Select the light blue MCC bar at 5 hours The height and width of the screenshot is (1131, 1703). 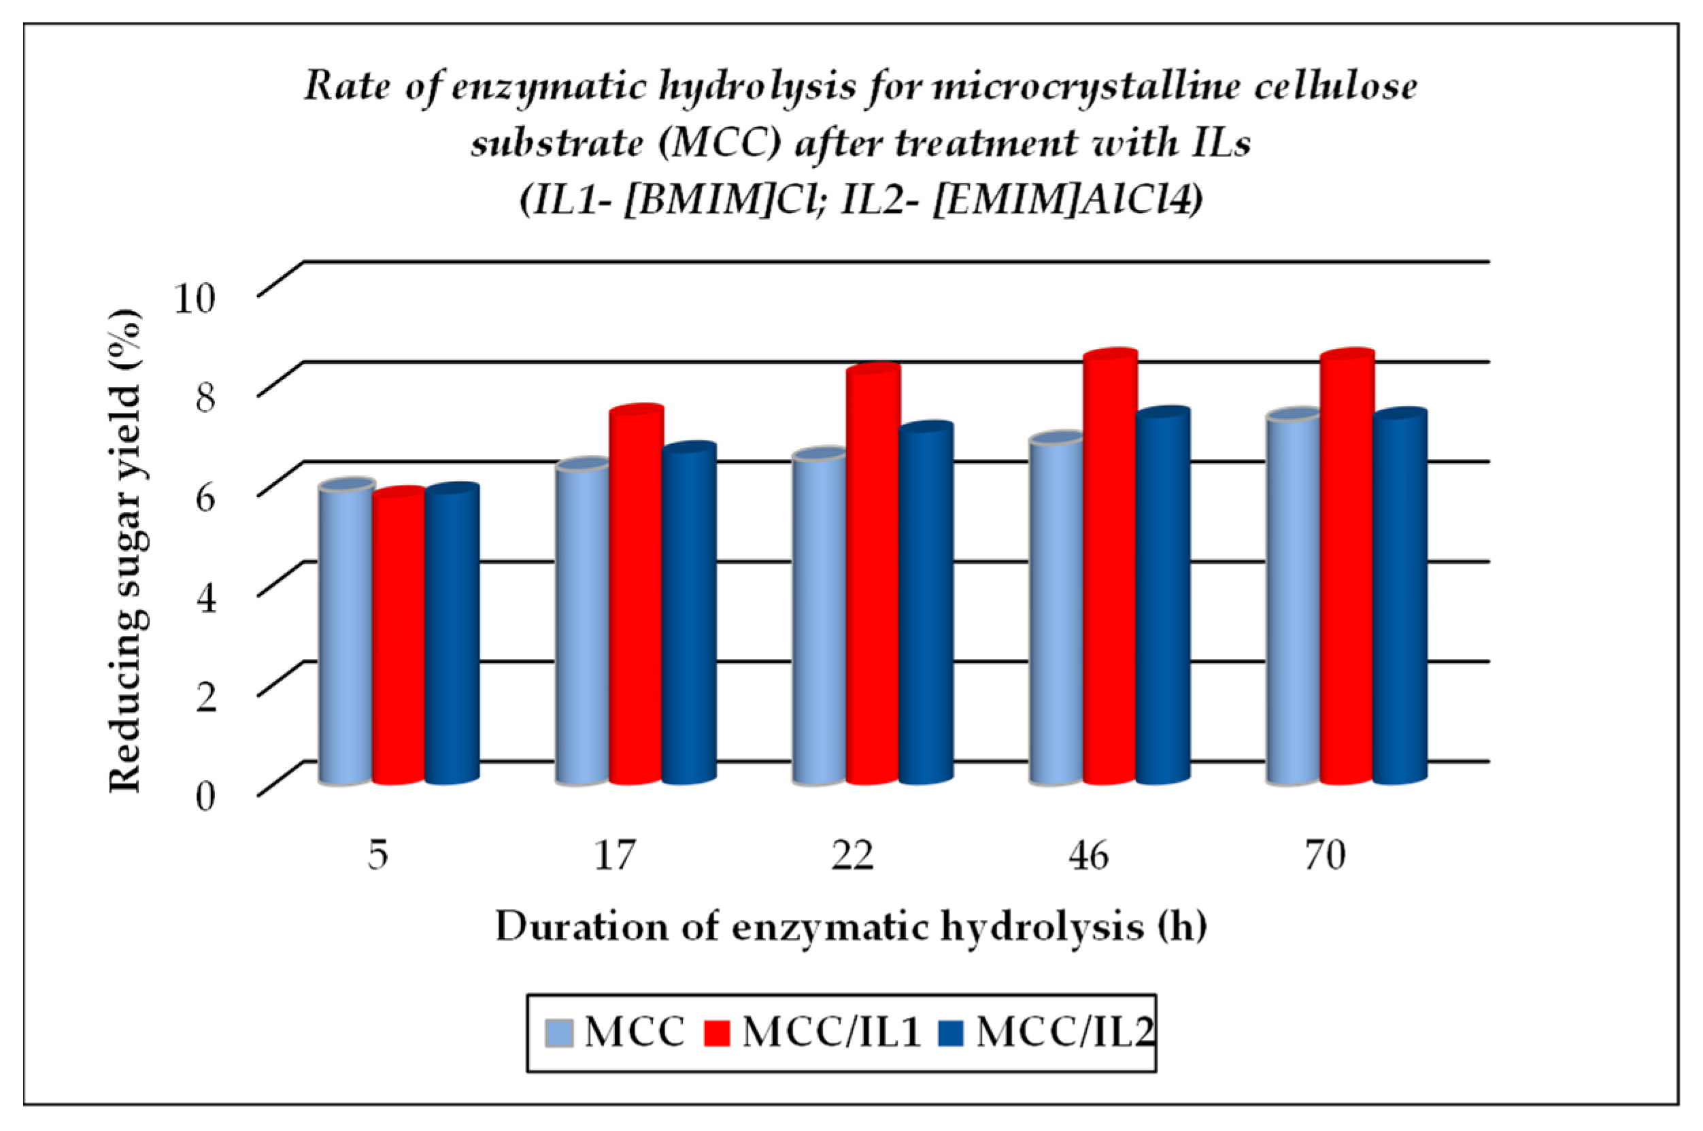point(346,635)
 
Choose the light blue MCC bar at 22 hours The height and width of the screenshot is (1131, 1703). point(819,620)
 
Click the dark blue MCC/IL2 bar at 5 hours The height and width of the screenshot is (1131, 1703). point(452,635)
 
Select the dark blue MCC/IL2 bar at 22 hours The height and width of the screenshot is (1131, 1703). point(926,606)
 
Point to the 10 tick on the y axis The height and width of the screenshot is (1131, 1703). point(195,297)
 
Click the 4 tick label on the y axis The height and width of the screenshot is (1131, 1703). point(205,597)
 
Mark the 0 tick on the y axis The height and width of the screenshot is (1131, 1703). point(205,797)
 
